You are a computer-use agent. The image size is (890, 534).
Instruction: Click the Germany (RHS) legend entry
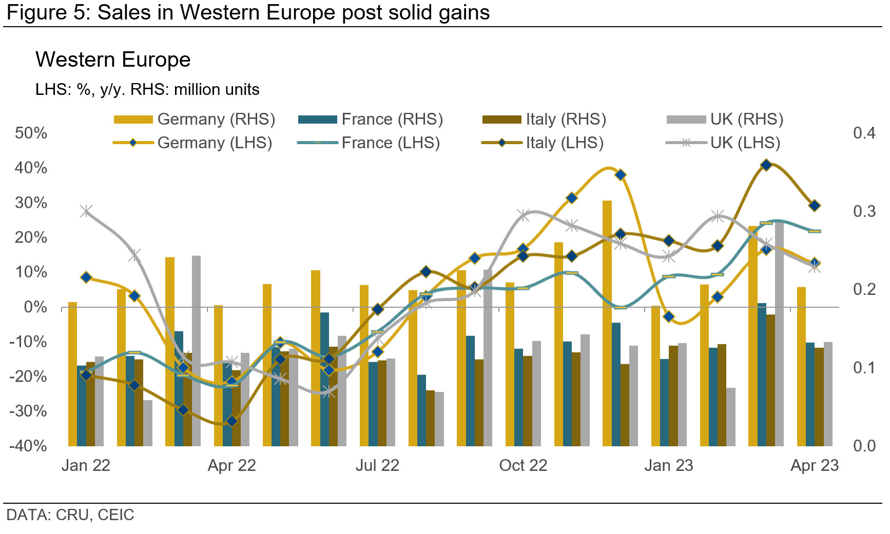click(194, 119)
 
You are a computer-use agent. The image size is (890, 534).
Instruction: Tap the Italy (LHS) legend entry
click(543, 143)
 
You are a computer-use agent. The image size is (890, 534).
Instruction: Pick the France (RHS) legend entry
click(370, 119)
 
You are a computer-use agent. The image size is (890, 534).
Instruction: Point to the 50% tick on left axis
click(31, 133)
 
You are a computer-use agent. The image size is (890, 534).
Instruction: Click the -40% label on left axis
click(28, 445)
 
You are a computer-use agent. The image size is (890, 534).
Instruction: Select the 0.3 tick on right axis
click(864, 211)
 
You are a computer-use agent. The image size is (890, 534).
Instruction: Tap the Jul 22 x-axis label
click(377, 465)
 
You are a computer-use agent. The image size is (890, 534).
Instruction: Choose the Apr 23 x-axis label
click(815, 465)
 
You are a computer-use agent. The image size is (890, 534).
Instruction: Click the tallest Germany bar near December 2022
click(607, 323)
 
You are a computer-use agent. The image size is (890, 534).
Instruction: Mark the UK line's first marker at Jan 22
click(86, 211)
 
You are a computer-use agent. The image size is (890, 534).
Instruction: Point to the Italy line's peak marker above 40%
click(766, 165)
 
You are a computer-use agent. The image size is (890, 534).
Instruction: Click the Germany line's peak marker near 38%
click(621, 175)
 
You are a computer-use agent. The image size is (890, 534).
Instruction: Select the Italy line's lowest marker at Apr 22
click(232, 421)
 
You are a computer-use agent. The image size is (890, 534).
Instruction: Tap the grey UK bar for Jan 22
click(99, 401)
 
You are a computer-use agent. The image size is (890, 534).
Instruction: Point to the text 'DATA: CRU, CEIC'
click(70, 515)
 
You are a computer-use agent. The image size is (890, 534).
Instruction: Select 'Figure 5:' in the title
click(49, 12)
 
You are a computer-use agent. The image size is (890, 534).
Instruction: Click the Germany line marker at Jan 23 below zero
click(669, 317)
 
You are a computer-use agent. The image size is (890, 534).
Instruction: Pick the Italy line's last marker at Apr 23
click(815, 206)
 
